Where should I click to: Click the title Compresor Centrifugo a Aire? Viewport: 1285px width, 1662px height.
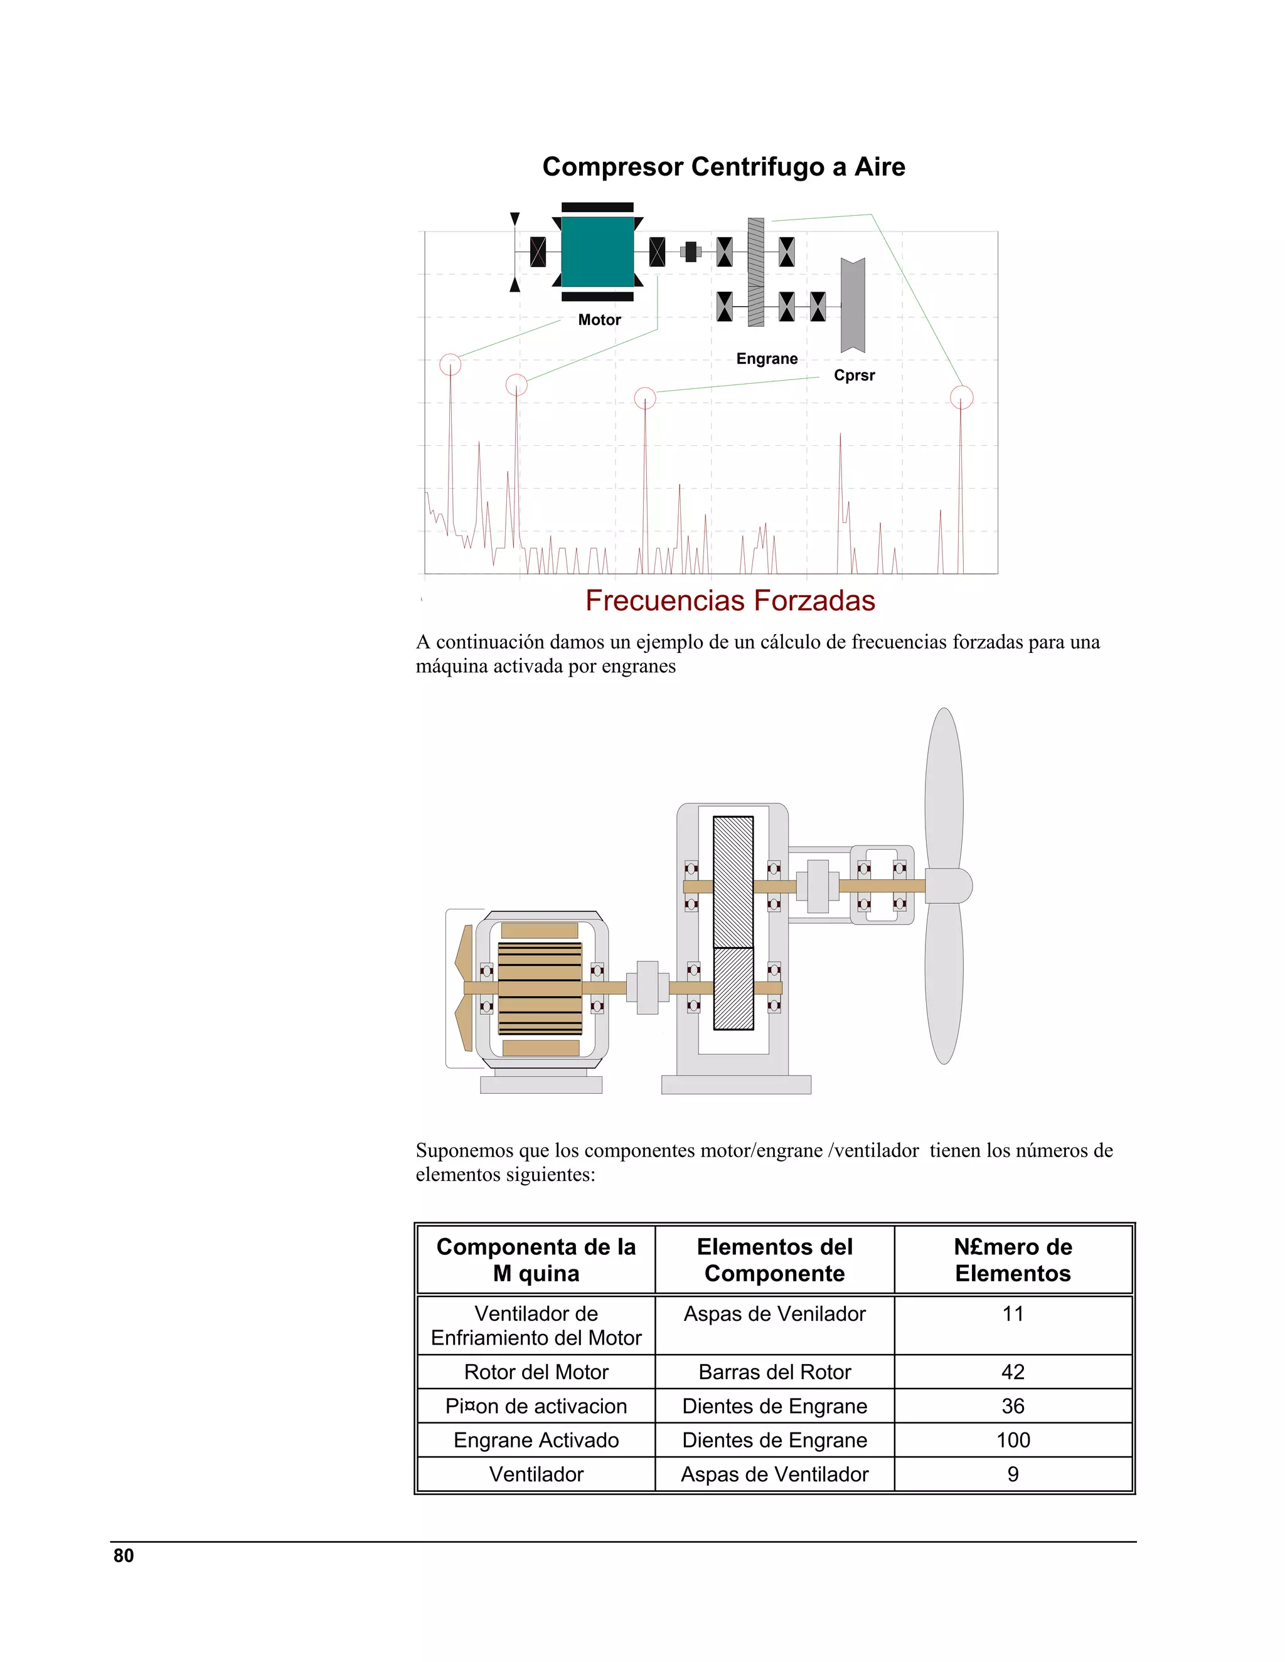(x=723, y=167)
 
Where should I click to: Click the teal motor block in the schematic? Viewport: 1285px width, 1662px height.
(x=597, y=252)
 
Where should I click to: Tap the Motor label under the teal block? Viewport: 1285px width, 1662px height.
(x=599, y=320)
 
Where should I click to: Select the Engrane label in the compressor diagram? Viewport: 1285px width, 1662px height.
(x=767, y=358)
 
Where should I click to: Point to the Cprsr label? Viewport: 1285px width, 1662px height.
(x=854, y=375)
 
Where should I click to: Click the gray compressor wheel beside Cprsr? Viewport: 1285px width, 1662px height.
(x=853, y=304)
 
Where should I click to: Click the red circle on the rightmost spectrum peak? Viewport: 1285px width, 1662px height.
(x=961, y=397)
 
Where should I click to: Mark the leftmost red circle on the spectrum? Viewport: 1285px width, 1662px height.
(x=451, y=364)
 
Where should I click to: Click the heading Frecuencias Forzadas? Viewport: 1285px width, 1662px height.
(x=729, y=600)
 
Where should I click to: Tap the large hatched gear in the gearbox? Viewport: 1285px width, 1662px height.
(x=733, y=881)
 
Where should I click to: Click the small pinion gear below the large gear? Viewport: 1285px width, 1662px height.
(x=733, y=988)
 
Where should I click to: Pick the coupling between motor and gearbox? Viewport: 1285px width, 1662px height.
(x=647, y=988)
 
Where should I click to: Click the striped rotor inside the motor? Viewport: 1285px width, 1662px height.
(x=540, y=988)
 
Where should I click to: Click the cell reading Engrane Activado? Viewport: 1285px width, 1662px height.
(x=536, y=1440)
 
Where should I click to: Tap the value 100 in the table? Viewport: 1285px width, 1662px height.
(x=1013, y=1440)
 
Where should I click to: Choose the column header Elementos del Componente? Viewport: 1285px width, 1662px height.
(x=774, y=1259)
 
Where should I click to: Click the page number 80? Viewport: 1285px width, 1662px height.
(x=124, y=1555)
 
